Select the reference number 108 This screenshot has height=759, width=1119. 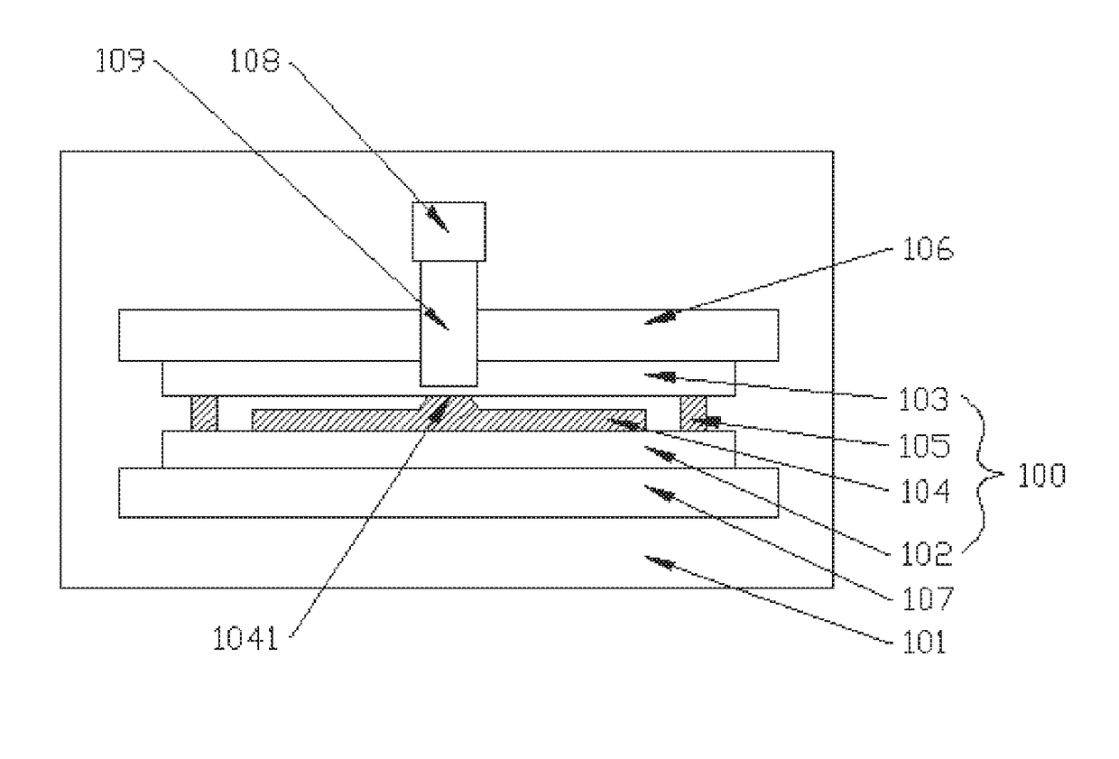256,61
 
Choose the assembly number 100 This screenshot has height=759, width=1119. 1041,476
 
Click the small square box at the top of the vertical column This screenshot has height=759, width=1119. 449,231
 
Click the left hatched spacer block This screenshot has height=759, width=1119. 204,413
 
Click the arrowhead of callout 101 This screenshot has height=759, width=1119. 663,564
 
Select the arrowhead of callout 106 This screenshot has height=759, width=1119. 663,317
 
